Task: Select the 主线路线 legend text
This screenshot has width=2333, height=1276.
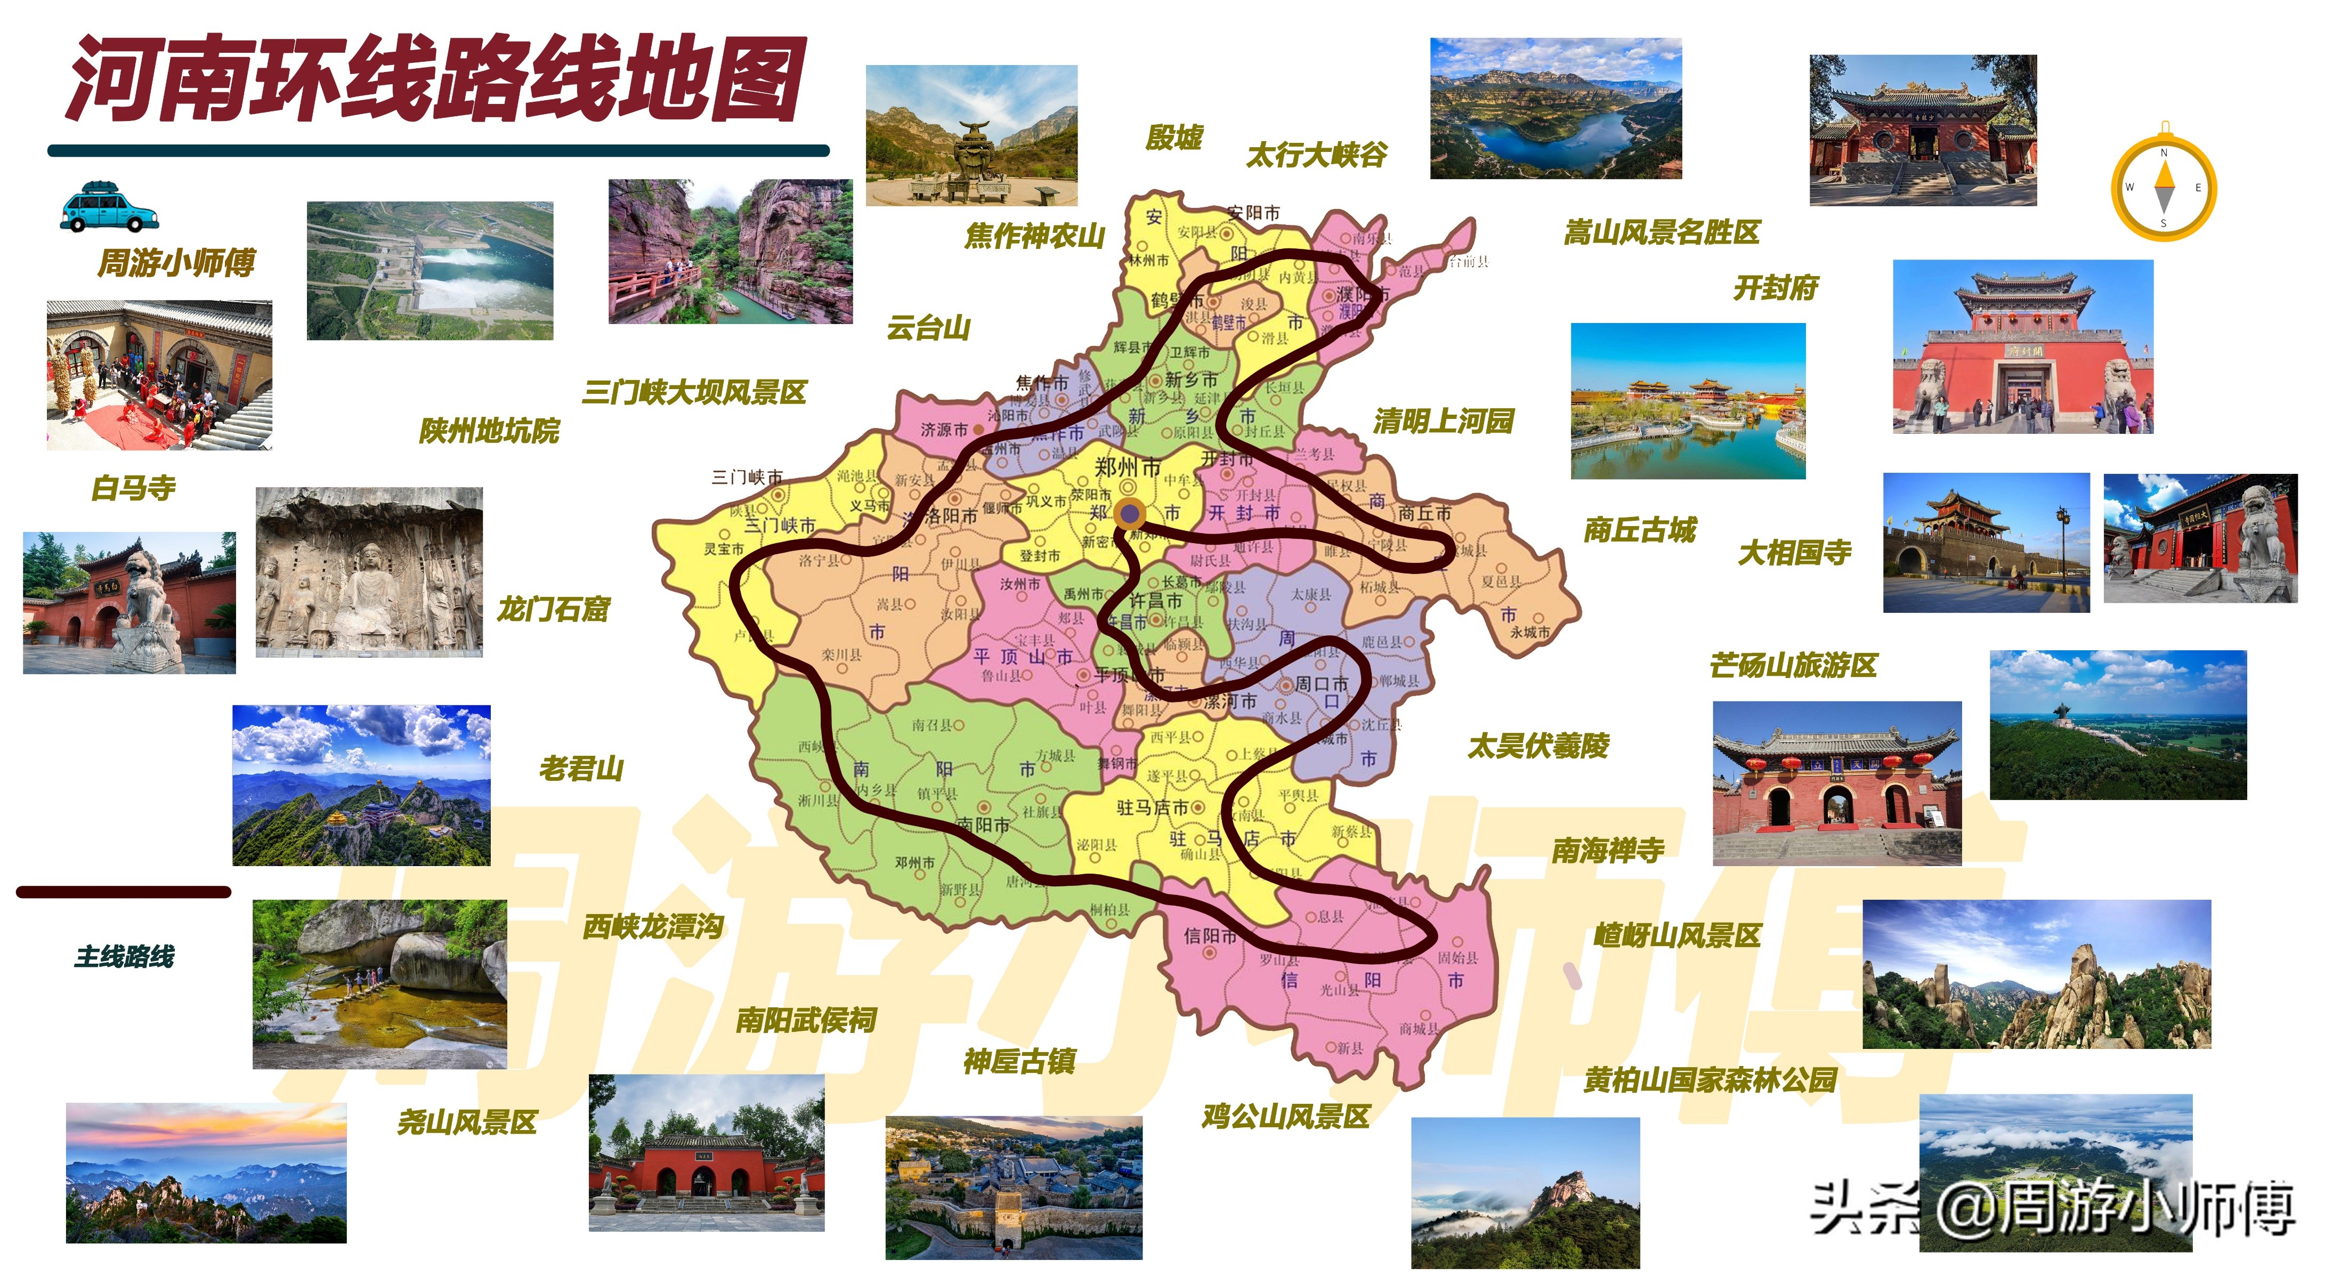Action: pyautogui.click(x=125, y=956)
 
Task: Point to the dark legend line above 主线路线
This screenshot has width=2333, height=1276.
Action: pyautogui.click(x=124, y=892)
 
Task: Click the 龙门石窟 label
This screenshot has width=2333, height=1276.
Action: pyautogui.click(x=553, y=609)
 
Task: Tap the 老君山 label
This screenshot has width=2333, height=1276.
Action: pyautogui.click(x=581, y=769)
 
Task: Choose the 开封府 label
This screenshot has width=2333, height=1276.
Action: pyautogui.click(x=1775, y=288)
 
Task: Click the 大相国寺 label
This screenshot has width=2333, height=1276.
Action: pyautogui.click(x=1794, y=552)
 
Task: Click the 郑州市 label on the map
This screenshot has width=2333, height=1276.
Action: pyautogui.click(x=1128, y=467)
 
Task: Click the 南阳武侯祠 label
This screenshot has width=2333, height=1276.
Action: pyautogui.click(x=805, y=1021)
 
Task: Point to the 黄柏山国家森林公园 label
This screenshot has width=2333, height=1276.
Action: pyautogui.click(x=1710, y=1079)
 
